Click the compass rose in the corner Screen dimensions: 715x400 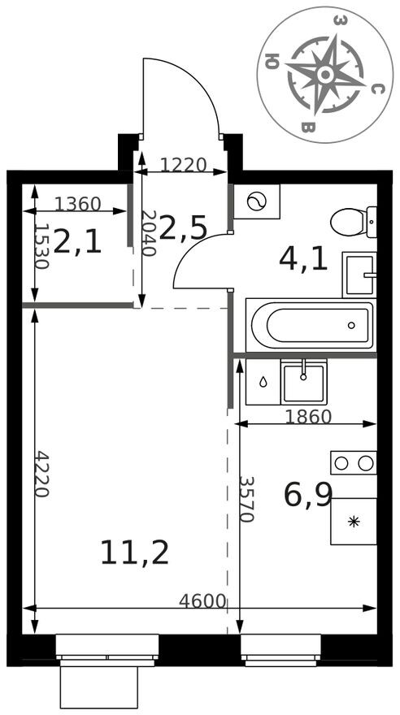point(324,74)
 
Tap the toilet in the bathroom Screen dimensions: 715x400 point(355,221)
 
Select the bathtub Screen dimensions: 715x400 point(310,325)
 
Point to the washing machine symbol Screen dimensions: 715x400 point(256,202)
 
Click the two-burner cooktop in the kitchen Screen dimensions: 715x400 point(354,462)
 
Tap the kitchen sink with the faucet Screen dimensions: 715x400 point(303,383)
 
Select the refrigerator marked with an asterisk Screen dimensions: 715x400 point(354,521)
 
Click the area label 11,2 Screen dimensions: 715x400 point(134,552)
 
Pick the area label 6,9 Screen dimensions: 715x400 point(308,494)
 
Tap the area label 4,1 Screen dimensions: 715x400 point(303,258)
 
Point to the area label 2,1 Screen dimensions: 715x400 point(78,241)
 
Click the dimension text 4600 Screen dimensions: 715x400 point(202,601)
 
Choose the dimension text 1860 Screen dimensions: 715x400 point(308,417)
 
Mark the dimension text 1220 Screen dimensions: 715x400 point(183,166)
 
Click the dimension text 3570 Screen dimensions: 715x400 point(248,498)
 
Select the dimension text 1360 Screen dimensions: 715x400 point(78,204)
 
